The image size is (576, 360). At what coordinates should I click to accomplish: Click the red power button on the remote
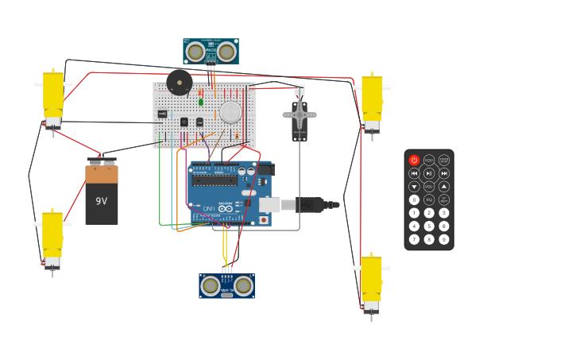pyautogui.click(x=414, y=161)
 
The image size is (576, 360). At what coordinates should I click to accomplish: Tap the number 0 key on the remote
pyautogui.click(x=414, y=200)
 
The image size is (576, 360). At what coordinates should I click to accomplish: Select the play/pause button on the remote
pyautogui.click(x=429, y=173)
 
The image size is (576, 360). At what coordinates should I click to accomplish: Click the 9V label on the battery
pyautogui.click(x=101, y=201)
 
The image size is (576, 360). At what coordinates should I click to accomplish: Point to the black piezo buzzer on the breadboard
pyautogui.click(x=180, y=82)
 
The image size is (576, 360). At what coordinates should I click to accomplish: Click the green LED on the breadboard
pyautogui.click(x=201, y=102)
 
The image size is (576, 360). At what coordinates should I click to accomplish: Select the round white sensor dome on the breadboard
pyautogui.click(x=230, y=112)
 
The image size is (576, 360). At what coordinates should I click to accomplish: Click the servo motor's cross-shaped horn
pyautogui.click(x=300, y=115)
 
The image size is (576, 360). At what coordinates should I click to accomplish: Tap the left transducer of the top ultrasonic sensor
pyautogui.click(x=195, y=52)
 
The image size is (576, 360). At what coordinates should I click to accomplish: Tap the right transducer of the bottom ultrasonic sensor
pyautogui.click(x=243, y=286)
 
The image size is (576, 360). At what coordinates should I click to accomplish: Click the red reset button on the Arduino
pyautogui.click(x=263, y=220)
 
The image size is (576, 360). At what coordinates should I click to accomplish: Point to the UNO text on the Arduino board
pyautogui.click(x=208, y=209)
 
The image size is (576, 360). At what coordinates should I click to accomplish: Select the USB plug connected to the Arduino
pyautogui.click(x=309, y=205)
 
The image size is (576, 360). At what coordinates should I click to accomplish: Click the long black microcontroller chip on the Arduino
pyautogui.click(x=215, y=180)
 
